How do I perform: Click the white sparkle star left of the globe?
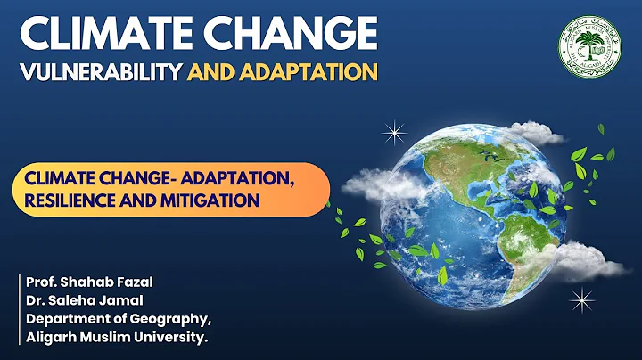393,134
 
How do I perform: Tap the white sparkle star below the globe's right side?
581,301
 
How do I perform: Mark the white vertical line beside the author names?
19,309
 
